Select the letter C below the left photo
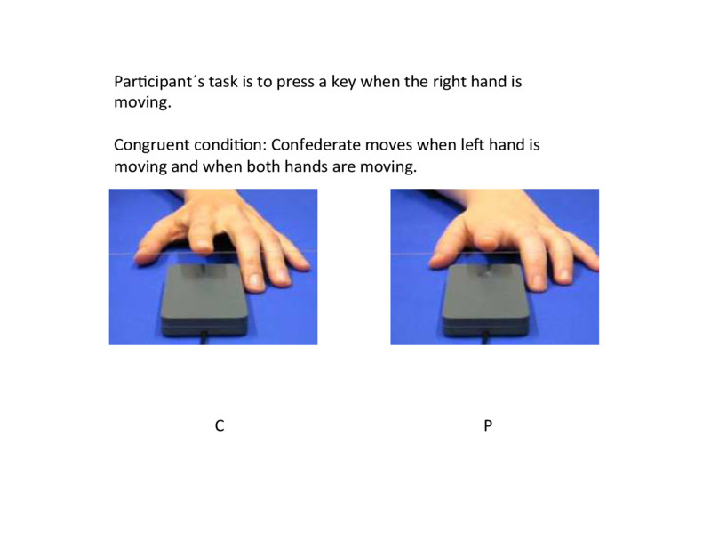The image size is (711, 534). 219,426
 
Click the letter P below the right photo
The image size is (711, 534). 488,426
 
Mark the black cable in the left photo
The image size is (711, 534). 206,337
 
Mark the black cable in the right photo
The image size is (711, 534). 485,337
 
